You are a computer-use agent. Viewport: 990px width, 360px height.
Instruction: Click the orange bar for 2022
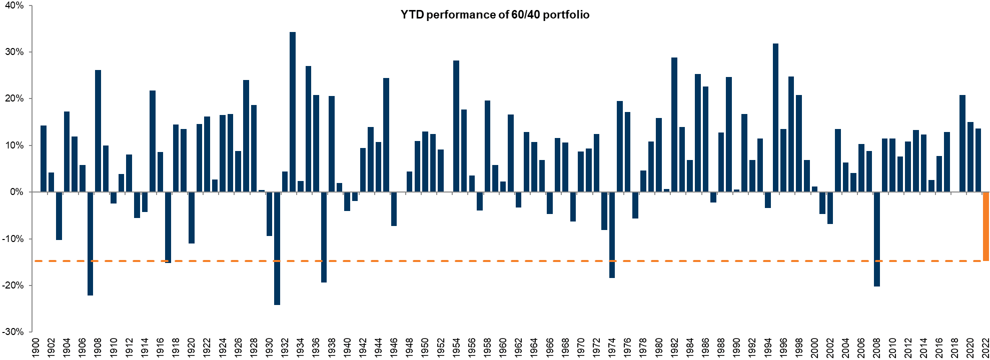click(x=986, y=226)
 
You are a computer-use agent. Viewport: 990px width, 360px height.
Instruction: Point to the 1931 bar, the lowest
click(x=277, y=248)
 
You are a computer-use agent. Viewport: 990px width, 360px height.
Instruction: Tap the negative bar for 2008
click(x=877, y=239)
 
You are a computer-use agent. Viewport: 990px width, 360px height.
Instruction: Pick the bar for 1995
click(x=775, y=117)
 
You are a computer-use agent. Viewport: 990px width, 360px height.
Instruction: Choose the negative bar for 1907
click(x=90, y=243)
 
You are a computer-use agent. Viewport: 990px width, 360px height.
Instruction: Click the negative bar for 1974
click(x=612, y=234)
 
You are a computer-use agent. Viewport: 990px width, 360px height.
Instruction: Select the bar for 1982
click(x=674, y=124)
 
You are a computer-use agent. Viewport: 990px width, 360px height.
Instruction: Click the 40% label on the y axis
click(x=14, y=5)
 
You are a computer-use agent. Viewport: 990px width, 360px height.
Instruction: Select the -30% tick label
click(x=13, y=332)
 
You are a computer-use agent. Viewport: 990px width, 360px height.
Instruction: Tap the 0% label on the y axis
click(x=17, y=192)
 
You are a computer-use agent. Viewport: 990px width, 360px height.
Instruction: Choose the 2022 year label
click(x=986, y=348)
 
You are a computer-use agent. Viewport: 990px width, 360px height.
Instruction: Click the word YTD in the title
click(x=412, y=15)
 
